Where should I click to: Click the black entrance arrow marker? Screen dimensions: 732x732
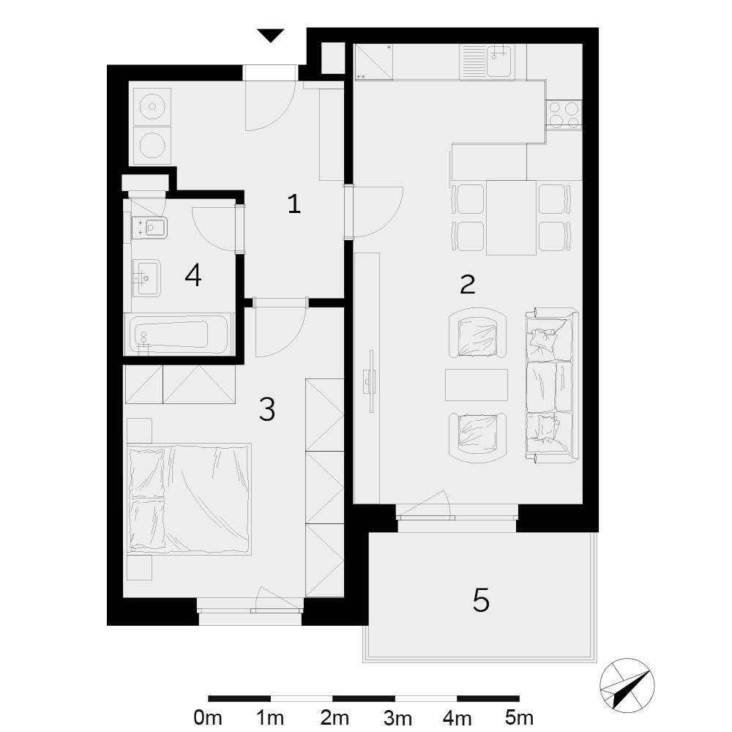(270, 35)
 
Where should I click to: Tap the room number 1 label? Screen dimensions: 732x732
(294, 204)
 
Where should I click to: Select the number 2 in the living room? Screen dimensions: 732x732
(467, 284)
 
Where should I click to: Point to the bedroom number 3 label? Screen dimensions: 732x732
(267, 409)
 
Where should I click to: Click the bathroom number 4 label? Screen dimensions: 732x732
(193, 275)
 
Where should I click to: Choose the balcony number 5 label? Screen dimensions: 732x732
(481, 600)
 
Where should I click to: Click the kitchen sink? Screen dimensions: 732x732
(488, 61)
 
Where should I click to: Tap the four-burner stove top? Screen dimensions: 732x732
(564, 115)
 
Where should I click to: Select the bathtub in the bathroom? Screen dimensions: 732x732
(177, 335)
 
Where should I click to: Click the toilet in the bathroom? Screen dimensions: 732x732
(150, 228)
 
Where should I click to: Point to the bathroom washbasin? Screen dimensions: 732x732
(146, 278)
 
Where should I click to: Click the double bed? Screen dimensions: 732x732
(190, 499)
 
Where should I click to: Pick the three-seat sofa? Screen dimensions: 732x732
(552, 385)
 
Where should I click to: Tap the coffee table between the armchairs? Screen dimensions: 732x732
(477, 385)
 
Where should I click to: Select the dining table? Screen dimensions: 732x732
(511, 217)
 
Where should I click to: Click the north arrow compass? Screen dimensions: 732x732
(627, 686)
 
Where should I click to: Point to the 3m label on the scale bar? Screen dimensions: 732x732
(397, 717)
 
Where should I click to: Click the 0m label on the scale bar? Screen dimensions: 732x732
(208, 717)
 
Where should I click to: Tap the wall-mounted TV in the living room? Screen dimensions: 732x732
(371, 381)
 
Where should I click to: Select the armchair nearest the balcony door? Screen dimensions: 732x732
(477, 438)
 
